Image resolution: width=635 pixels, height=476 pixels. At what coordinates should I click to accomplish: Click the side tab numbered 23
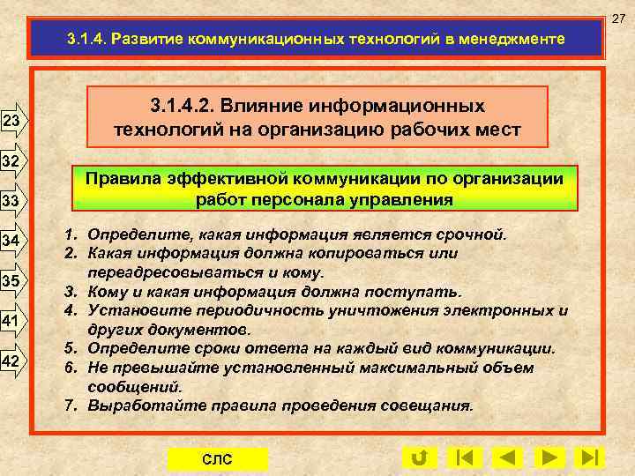pos(13,121)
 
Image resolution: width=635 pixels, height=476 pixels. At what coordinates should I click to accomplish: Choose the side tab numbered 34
pos(13,242)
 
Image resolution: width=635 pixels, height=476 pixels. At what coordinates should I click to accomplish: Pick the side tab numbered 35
pos(13,281)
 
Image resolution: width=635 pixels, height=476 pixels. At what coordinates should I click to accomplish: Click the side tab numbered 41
pos(13,320)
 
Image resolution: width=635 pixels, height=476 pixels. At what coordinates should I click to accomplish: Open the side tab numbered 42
pos(13,361)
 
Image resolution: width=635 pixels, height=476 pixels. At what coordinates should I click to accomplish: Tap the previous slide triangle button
pos(505,458)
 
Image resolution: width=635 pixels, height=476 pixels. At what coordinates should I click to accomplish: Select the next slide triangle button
pos(549,458)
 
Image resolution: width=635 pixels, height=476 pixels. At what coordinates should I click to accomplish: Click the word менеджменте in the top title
pos(517,40)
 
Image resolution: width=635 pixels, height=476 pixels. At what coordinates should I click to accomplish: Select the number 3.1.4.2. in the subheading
pos(186,107)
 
